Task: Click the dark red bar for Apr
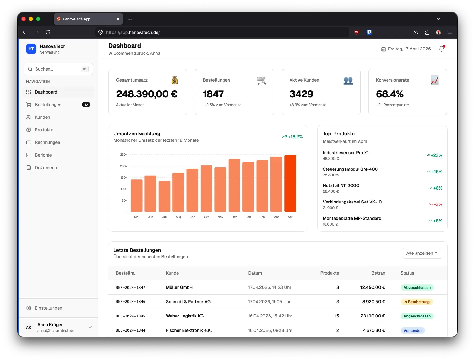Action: point(290,183)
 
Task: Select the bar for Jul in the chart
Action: point(164,197)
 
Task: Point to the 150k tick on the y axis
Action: point(124,178)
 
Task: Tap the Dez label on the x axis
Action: point(234,217)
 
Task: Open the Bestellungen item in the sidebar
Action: point(48,105)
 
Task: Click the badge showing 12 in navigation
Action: point(86,105)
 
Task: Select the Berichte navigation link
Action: point(43,155)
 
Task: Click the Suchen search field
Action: point(57,69)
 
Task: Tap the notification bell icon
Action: point(442,49)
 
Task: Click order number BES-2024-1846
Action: point(131,302)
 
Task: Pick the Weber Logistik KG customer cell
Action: point(185,316)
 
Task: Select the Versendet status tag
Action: point(412,330)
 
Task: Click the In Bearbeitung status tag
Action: point(416,302)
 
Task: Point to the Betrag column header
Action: point(378,273)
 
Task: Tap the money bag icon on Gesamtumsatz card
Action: point(175,80)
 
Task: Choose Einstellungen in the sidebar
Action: point(48,308)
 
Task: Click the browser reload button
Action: point(48,32)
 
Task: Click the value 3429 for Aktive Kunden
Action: point(301,94)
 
